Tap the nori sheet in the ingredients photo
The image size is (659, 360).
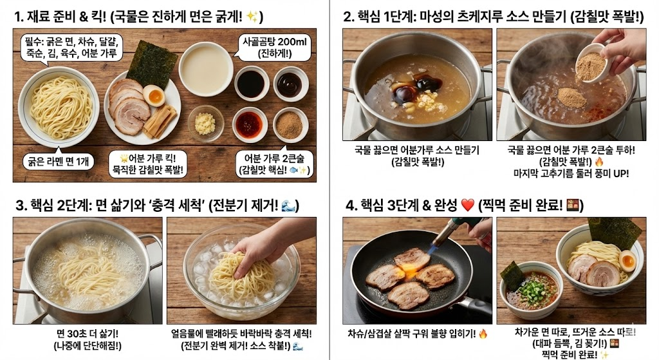[151, 63]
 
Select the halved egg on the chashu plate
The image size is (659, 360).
[154, 97]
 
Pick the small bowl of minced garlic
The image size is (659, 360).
[205, 123]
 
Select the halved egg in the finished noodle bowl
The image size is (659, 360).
[626, 261]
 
